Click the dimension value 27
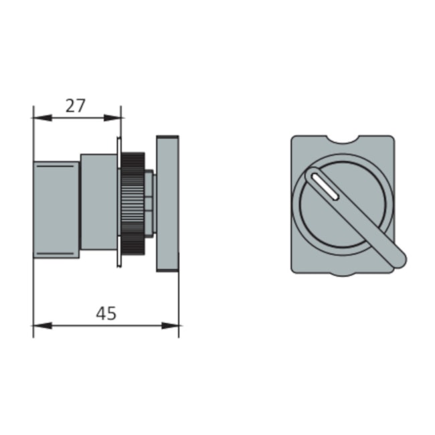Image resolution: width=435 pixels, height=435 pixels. (76, 105)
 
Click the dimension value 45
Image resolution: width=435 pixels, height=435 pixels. (106, 313)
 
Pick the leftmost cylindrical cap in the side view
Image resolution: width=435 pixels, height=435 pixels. (56, 209)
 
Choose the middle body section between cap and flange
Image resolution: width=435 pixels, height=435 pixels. (98, 203)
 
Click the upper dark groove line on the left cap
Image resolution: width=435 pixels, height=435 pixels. (56, 163)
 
